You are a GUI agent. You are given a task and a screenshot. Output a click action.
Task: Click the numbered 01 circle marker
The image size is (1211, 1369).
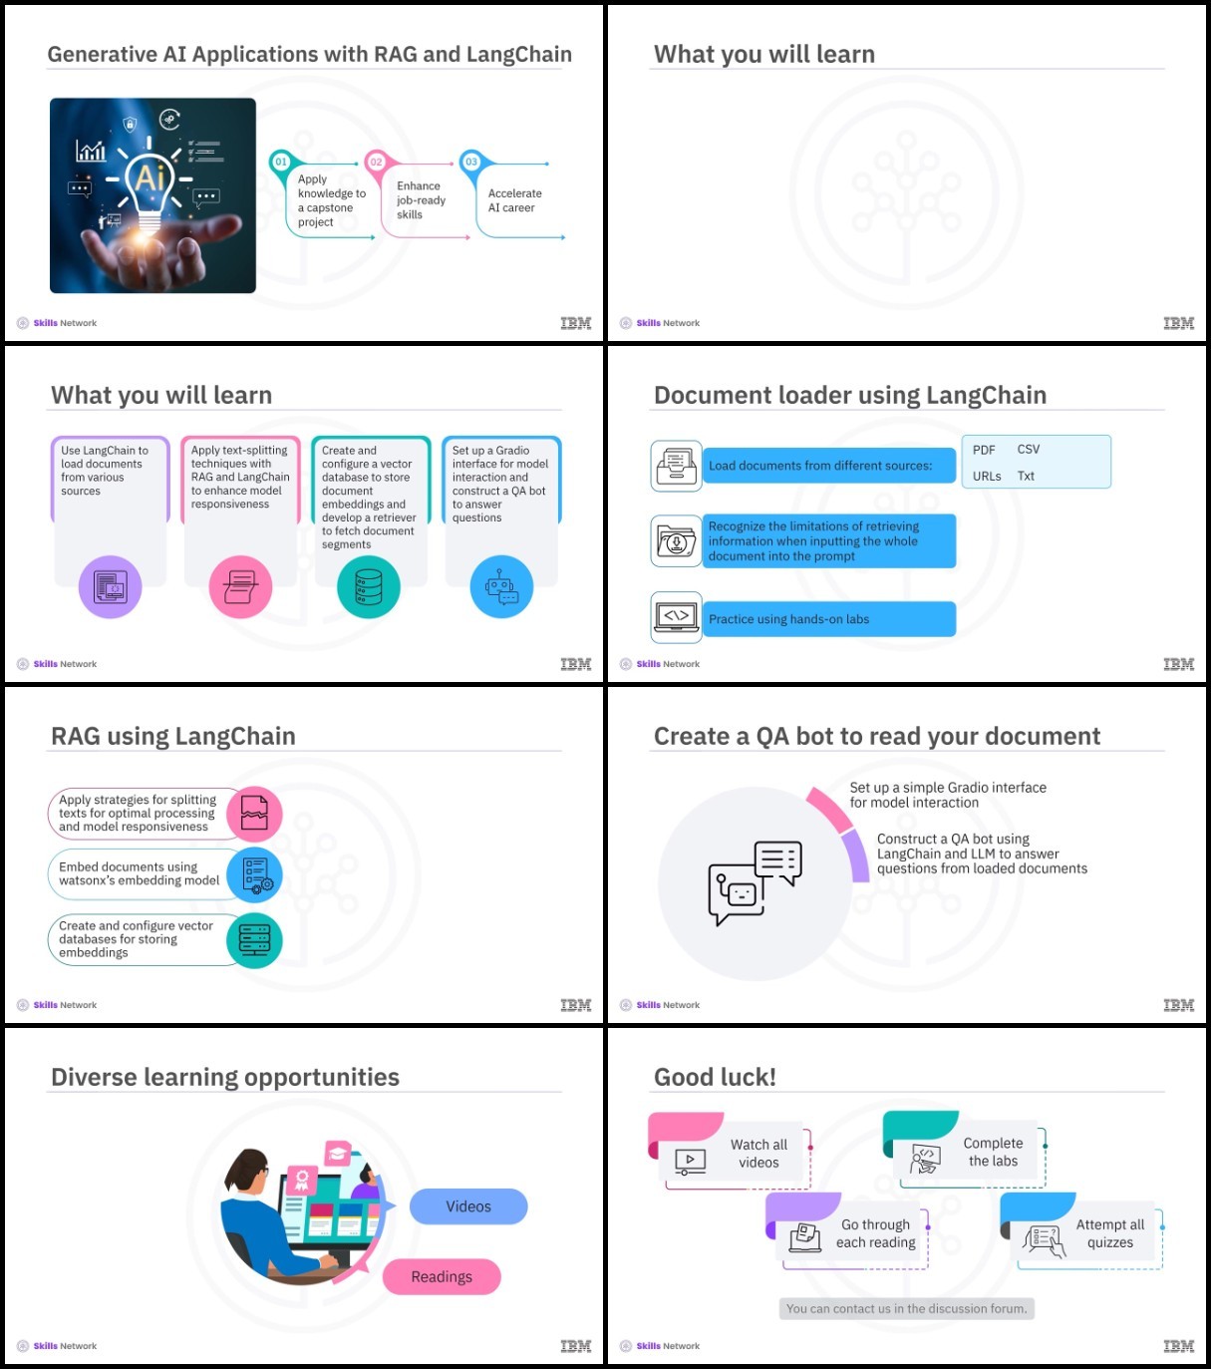click(x=281, y=162)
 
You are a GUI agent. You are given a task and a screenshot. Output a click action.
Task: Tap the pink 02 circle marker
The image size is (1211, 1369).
click(x=376, y=162)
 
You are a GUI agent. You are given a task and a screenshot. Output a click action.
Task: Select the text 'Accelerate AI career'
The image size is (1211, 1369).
click(x=514, y=200)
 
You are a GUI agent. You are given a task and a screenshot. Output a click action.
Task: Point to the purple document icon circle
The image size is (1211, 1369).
click(x=110, y=586)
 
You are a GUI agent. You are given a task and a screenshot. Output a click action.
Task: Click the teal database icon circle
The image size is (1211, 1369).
click(x=369, y=586)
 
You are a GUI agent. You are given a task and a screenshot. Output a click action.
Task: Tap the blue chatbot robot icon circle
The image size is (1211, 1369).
click(x=501, y=586)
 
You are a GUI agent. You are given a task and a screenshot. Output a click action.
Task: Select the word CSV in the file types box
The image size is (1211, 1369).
click(x=1028, y=450)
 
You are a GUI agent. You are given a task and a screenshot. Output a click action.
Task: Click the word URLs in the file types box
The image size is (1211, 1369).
click(x=987, y=476)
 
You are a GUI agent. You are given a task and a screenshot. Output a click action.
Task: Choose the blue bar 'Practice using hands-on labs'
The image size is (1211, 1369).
click(x=829, y=619)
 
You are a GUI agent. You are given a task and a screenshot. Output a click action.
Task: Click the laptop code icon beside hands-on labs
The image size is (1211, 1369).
click(x=676, y=617)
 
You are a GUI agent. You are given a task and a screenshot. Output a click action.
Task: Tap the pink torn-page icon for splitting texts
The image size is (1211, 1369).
click(x=254, y=813)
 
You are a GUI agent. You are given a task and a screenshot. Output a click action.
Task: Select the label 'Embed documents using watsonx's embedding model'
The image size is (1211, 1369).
click(x=140, y=873)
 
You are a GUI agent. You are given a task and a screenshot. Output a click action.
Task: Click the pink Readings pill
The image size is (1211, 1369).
click(x=442, y=1276)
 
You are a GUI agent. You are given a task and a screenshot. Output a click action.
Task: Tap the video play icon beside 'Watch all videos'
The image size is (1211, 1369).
click(x=690, y=1162)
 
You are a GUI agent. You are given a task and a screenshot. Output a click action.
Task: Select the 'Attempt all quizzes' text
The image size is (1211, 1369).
click(x=1109, y=1233)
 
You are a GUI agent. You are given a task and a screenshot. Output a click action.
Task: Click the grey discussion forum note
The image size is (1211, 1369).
click(x=906, y=1308)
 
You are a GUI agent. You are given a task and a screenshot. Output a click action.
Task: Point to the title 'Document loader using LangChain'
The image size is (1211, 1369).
click(x=849, y=395)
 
